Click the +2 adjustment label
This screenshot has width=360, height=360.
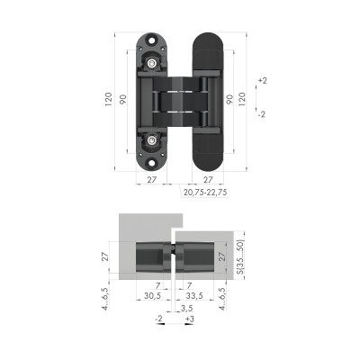pyautogui.click(x=262, y=81)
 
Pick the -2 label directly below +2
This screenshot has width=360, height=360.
pyautogui.click(x=262, y=114)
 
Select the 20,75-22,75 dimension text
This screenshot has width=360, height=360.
pyautogui.click(x=205, y=192)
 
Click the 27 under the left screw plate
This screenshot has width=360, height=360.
pyautogui.click(x=153, y=180)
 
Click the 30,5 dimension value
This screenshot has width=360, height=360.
pyautogui.click(x=152, y=295)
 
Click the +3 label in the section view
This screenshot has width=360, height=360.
pyautogui.click(x=188, y=319)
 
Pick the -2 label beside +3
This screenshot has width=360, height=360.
pyautogui.click(x=160, y=319)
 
